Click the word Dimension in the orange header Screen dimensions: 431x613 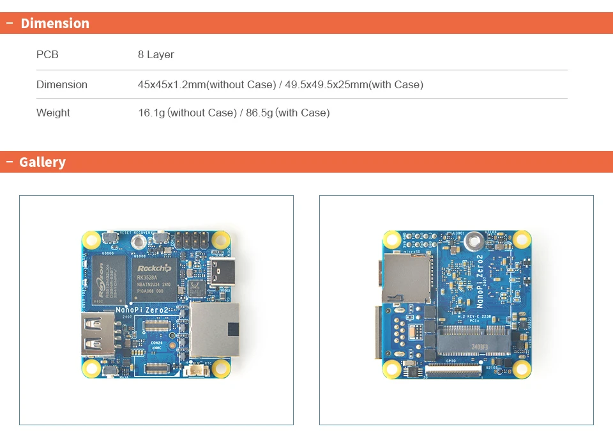point(55,24)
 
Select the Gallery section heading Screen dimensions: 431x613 point(42,162)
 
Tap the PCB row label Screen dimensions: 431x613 point(47,55)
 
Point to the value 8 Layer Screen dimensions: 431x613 point(156,55)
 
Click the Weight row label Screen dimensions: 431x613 point(53,113)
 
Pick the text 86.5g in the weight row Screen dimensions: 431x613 point(259,113)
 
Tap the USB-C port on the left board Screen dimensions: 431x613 point(225,272)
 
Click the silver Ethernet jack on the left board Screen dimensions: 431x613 point(215,330)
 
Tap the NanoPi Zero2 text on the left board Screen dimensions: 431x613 point(141,310)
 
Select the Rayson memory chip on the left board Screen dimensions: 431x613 point(107,279)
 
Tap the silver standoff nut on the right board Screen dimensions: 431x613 point(473,241)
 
